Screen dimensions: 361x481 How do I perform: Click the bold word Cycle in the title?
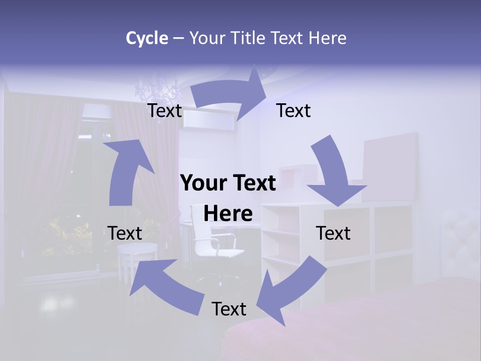(147, 38)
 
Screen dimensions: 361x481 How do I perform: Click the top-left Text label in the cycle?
(165, 111)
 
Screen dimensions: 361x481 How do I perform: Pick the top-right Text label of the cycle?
(294, 110)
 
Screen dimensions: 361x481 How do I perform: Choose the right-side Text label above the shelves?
(333, 233)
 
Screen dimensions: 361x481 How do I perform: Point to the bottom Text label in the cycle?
(229, 309)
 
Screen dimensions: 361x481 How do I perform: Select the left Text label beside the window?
(125, 233)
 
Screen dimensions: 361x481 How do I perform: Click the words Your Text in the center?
(228, 184)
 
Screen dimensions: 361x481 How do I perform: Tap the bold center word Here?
(228, 214)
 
